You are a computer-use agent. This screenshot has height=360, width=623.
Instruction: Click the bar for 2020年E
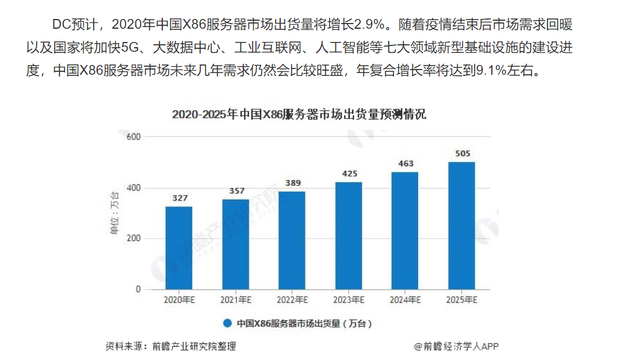(x=179, y=248)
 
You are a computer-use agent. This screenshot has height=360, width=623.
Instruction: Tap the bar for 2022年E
(x=292, y=240)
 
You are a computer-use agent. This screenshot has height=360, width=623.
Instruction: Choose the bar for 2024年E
(x=404, y=231)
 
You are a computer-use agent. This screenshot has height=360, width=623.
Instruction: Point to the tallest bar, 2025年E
(x=461, y=225)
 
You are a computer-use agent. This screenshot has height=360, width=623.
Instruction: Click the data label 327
(x=179, y=198)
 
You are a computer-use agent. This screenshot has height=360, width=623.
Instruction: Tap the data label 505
(x=462, y=154)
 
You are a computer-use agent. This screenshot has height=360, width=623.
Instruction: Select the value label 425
(x=349, y=174)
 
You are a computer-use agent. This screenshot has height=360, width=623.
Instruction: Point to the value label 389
(x=292, y=183)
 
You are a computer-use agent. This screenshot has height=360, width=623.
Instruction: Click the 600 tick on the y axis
(x=133, y=137)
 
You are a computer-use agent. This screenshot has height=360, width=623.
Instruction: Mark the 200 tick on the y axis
(x=133, y=239)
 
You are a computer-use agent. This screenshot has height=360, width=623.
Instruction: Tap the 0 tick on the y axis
(x=138, y=289)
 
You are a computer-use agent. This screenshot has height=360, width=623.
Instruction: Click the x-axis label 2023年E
(x=349, y=300)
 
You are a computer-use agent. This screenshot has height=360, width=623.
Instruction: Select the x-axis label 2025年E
(x=462, y=300)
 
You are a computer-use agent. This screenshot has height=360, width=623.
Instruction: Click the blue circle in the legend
(x=227, y=323)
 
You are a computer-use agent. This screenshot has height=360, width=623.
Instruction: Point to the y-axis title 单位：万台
(x=114, y=213)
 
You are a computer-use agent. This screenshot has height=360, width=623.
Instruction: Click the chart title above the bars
(x=299, y=114)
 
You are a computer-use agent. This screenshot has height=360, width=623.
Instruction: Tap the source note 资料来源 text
(x=170, y=346)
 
